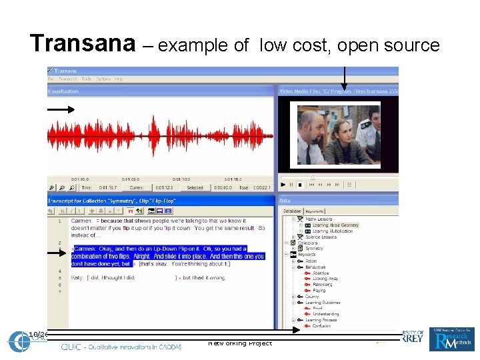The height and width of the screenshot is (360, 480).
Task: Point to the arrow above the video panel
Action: click(x=344, y=77)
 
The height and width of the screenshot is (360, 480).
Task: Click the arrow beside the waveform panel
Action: click(x=61, y=109)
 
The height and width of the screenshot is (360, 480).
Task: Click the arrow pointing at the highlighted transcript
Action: click(x=61, y=252)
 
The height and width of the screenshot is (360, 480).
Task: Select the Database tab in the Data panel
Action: click(x=293, y=211)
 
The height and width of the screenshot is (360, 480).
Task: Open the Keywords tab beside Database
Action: click(x=315, y=211)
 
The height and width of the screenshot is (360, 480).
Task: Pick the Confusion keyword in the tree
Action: click(x=322, y=327)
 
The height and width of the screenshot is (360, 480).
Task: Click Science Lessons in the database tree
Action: click(x=321, y=237)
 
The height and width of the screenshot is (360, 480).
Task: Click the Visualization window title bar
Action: click(x=160, y=90)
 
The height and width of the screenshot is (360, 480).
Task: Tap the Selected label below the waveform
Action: click(x=195, y=188)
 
